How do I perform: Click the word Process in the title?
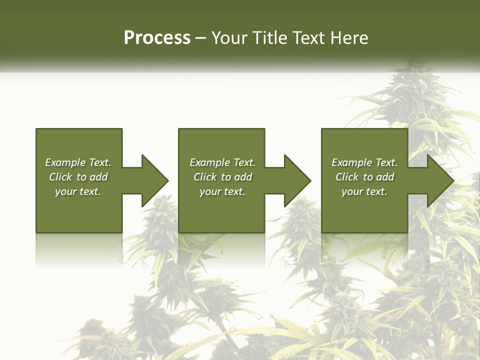[157, 38]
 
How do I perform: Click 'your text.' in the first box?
[77, 191]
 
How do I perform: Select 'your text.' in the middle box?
[222, 191]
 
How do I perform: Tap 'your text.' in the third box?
[364, 191]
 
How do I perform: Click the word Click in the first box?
[60, 177]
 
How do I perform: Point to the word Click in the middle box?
[205, 177]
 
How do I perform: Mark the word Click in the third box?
[347, 177]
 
